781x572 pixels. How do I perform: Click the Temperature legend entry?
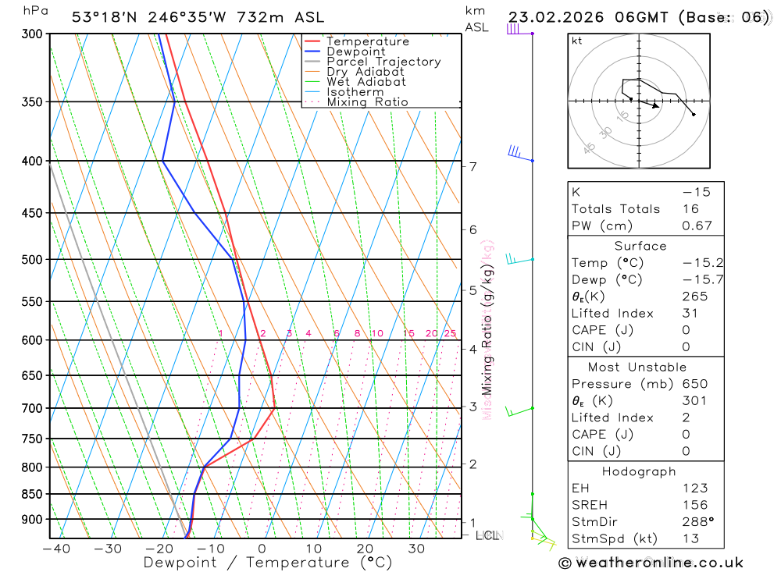(367, 41)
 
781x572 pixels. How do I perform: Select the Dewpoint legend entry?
(356, 52)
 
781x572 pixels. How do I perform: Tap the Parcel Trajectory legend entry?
(383, 62)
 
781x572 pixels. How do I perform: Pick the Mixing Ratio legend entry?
(367, 102)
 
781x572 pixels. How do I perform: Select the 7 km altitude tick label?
(473, 166)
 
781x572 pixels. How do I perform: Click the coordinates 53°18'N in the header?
(102, 17)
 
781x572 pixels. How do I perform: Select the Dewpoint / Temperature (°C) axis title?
(257, 563)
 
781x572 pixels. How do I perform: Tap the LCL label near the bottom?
(487, 535)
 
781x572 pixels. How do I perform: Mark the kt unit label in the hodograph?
(577, 41)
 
